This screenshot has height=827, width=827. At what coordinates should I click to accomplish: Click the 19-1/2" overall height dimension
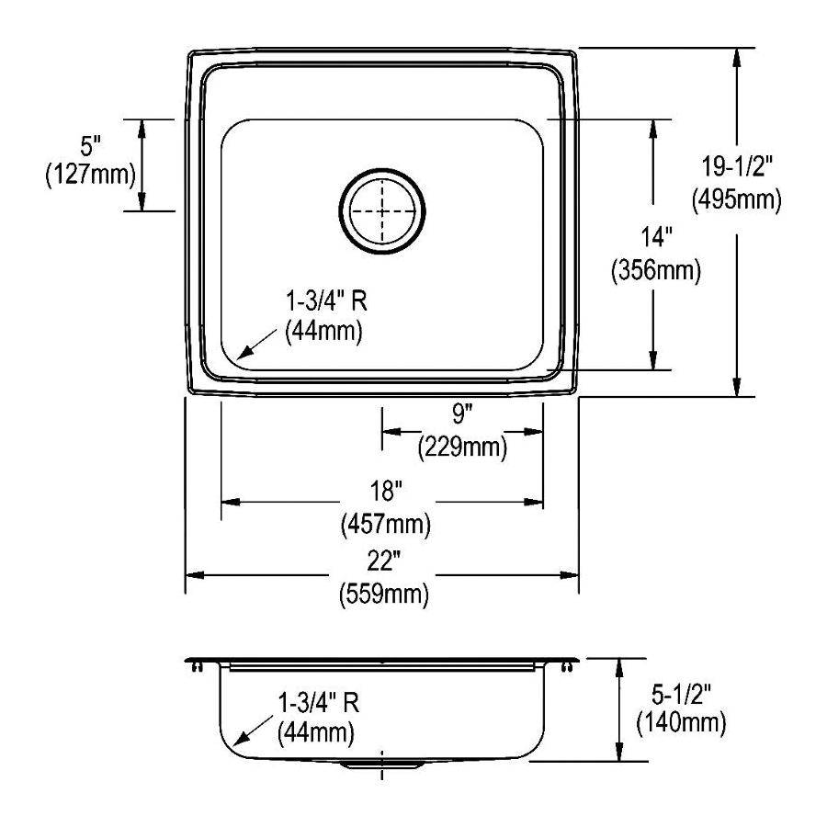[x=736, y=166]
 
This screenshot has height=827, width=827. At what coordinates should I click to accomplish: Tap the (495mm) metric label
[x=736, y=200]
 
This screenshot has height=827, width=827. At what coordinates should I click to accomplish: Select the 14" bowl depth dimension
[x=655, y=237]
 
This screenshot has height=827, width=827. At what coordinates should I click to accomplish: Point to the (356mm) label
[x=656, y=270]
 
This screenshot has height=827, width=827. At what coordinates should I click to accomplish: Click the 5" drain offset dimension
[x=90, y=145]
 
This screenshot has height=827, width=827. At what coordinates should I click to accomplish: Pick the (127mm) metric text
[x=90, y=174]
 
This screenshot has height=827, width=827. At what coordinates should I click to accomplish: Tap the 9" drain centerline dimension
[x=461, y=414]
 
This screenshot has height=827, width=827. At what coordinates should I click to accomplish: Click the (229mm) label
[x=462, y=447]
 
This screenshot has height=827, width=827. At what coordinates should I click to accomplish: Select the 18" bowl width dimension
[x=386, y=492]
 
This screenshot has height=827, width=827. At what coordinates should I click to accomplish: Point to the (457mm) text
[x=386, y=525]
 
